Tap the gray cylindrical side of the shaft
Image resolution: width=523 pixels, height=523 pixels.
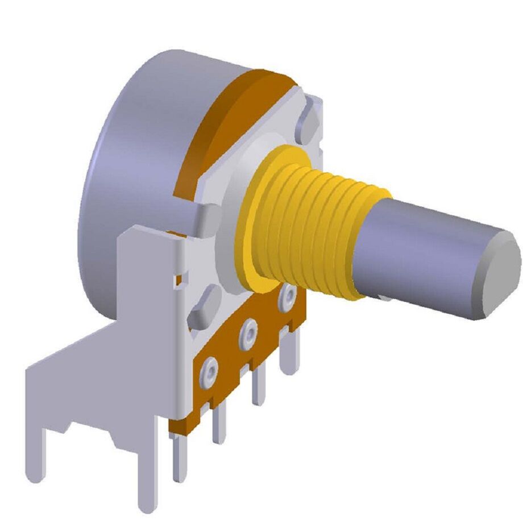click(x=421, y=250)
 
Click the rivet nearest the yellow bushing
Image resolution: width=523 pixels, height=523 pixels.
click(x=288, y=294)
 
